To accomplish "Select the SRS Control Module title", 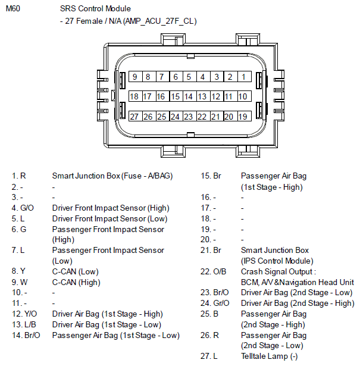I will pos(95,9).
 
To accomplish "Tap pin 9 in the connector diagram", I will pos(135,77).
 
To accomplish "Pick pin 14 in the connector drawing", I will pos(189,96).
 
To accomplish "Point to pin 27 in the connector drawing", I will pos(135,117).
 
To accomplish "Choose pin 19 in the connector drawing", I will pos(243,117).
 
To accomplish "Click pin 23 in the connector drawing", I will pos(189,117).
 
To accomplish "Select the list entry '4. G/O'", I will pos(23,208).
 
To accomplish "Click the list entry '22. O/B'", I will pos(213,271).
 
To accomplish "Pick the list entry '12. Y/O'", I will pos(24,314).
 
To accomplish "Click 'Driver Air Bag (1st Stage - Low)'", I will pos(107,324).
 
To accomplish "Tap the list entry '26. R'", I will pos(209,335).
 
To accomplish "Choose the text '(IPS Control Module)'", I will pos(277,261).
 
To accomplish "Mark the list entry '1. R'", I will pos(19,176).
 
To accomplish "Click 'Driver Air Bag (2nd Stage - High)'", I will pos(298,303).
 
